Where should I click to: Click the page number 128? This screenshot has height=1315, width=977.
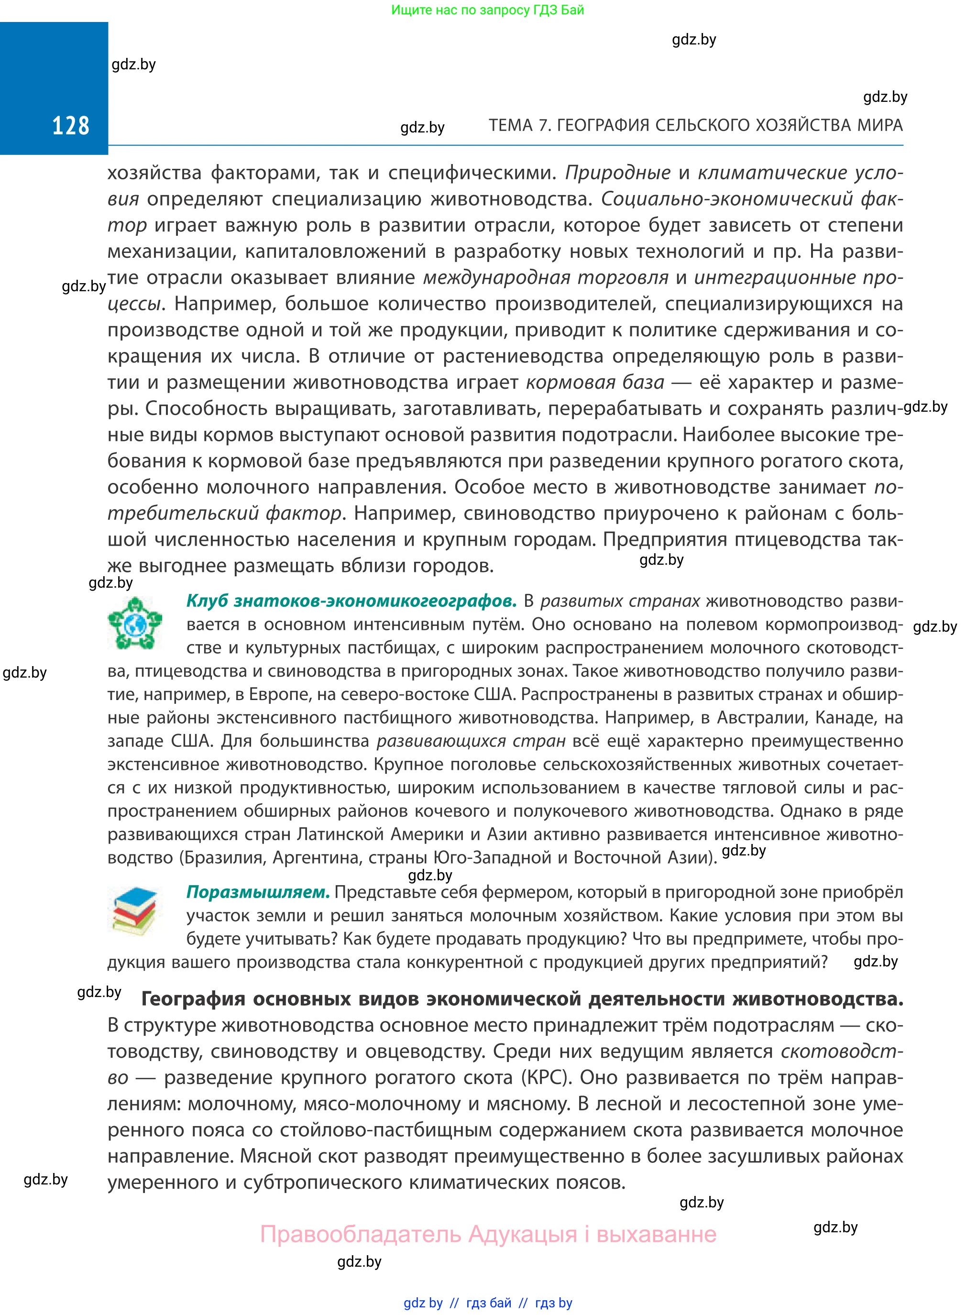pyautogui.click(x=70, y=126)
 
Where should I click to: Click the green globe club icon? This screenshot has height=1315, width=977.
pyautogui.click(x=135, y=623)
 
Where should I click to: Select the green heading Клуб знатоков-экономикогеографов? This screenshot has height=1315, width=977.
pyautogui.click(x=351, y=601)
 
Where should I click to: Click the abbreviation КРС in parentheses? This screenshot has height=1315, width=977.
pyautogui.click(x=545, y=1077)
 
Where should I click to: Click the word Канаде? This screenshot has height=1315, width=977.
pyautogui.click(x=845, y=718)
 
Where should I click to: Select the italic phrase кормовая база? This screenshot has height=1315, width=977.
pyautogui.click(x=595, y=383)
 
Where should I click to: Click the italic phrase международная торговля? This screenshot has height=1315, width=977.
pyautogui.click(x=545, y=278)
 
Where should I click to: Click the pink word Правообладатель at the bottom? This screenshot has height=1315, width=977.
pyautogui.click(x=360, y=1234)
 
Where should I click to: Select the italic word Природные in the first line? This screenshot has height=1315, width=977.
pyautogui.click(x=617, y=173)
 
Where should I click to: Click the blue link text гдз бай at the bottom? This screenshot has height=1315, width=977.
pyautogui.click(x=489, y=1303)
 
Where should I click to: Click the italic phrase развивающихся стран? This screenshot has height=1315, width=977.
pyautogui.click(x=471, y=741)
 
